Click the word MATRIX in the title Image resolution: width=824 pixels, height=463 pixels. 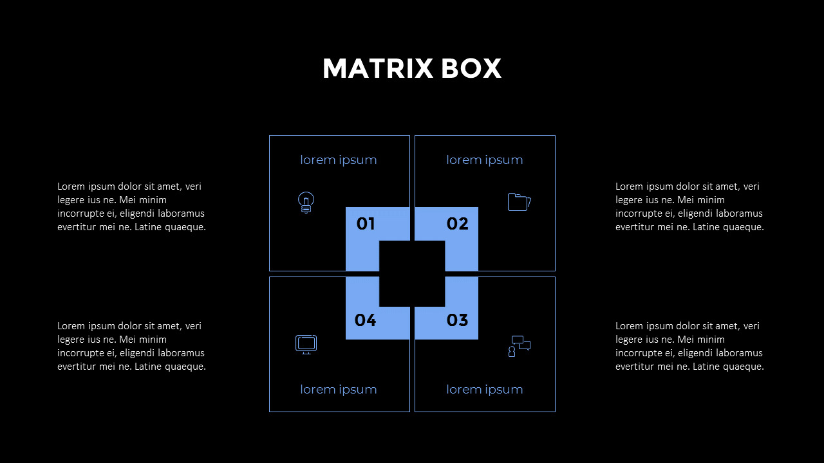[378, 68]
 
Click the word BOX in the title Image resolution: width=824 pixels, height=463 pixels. [471, 68]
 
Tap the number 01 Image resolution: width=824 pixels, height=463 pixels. [366, 224]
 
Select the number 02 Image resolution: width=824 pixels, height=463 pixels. [458, 224]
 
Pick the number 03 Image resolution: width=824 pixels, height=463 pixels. [457, 320]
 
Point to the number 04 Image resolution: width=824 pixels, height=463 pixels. [365, 320]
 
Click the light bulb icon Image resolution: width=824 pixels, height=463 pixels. [306, 203]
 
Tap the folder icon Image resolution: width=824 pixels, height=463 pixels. [519, 202]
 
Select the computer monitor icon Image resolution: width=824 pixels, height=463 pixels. [306, 345]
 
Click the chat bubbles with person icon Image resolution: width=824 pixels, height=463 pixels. [519, 346]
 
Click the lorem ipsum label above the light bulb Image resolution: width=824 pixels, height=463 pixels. [339, 160]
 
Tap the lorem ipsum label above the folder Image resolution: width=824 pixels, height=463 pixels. [485, 160]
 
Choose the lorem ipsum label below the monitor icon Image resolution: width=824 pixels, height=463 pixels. [339, 390]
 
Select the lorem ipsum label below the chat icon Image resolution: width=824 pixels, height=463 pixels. [485, 390]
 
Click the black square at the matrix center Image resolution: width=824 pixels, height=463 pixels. [412, 274]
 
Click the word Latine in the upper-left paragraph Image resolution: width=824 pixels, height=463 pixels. [148, 227]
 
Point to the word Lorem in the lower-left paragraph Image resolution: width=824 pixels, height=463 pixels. [71, 326]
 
